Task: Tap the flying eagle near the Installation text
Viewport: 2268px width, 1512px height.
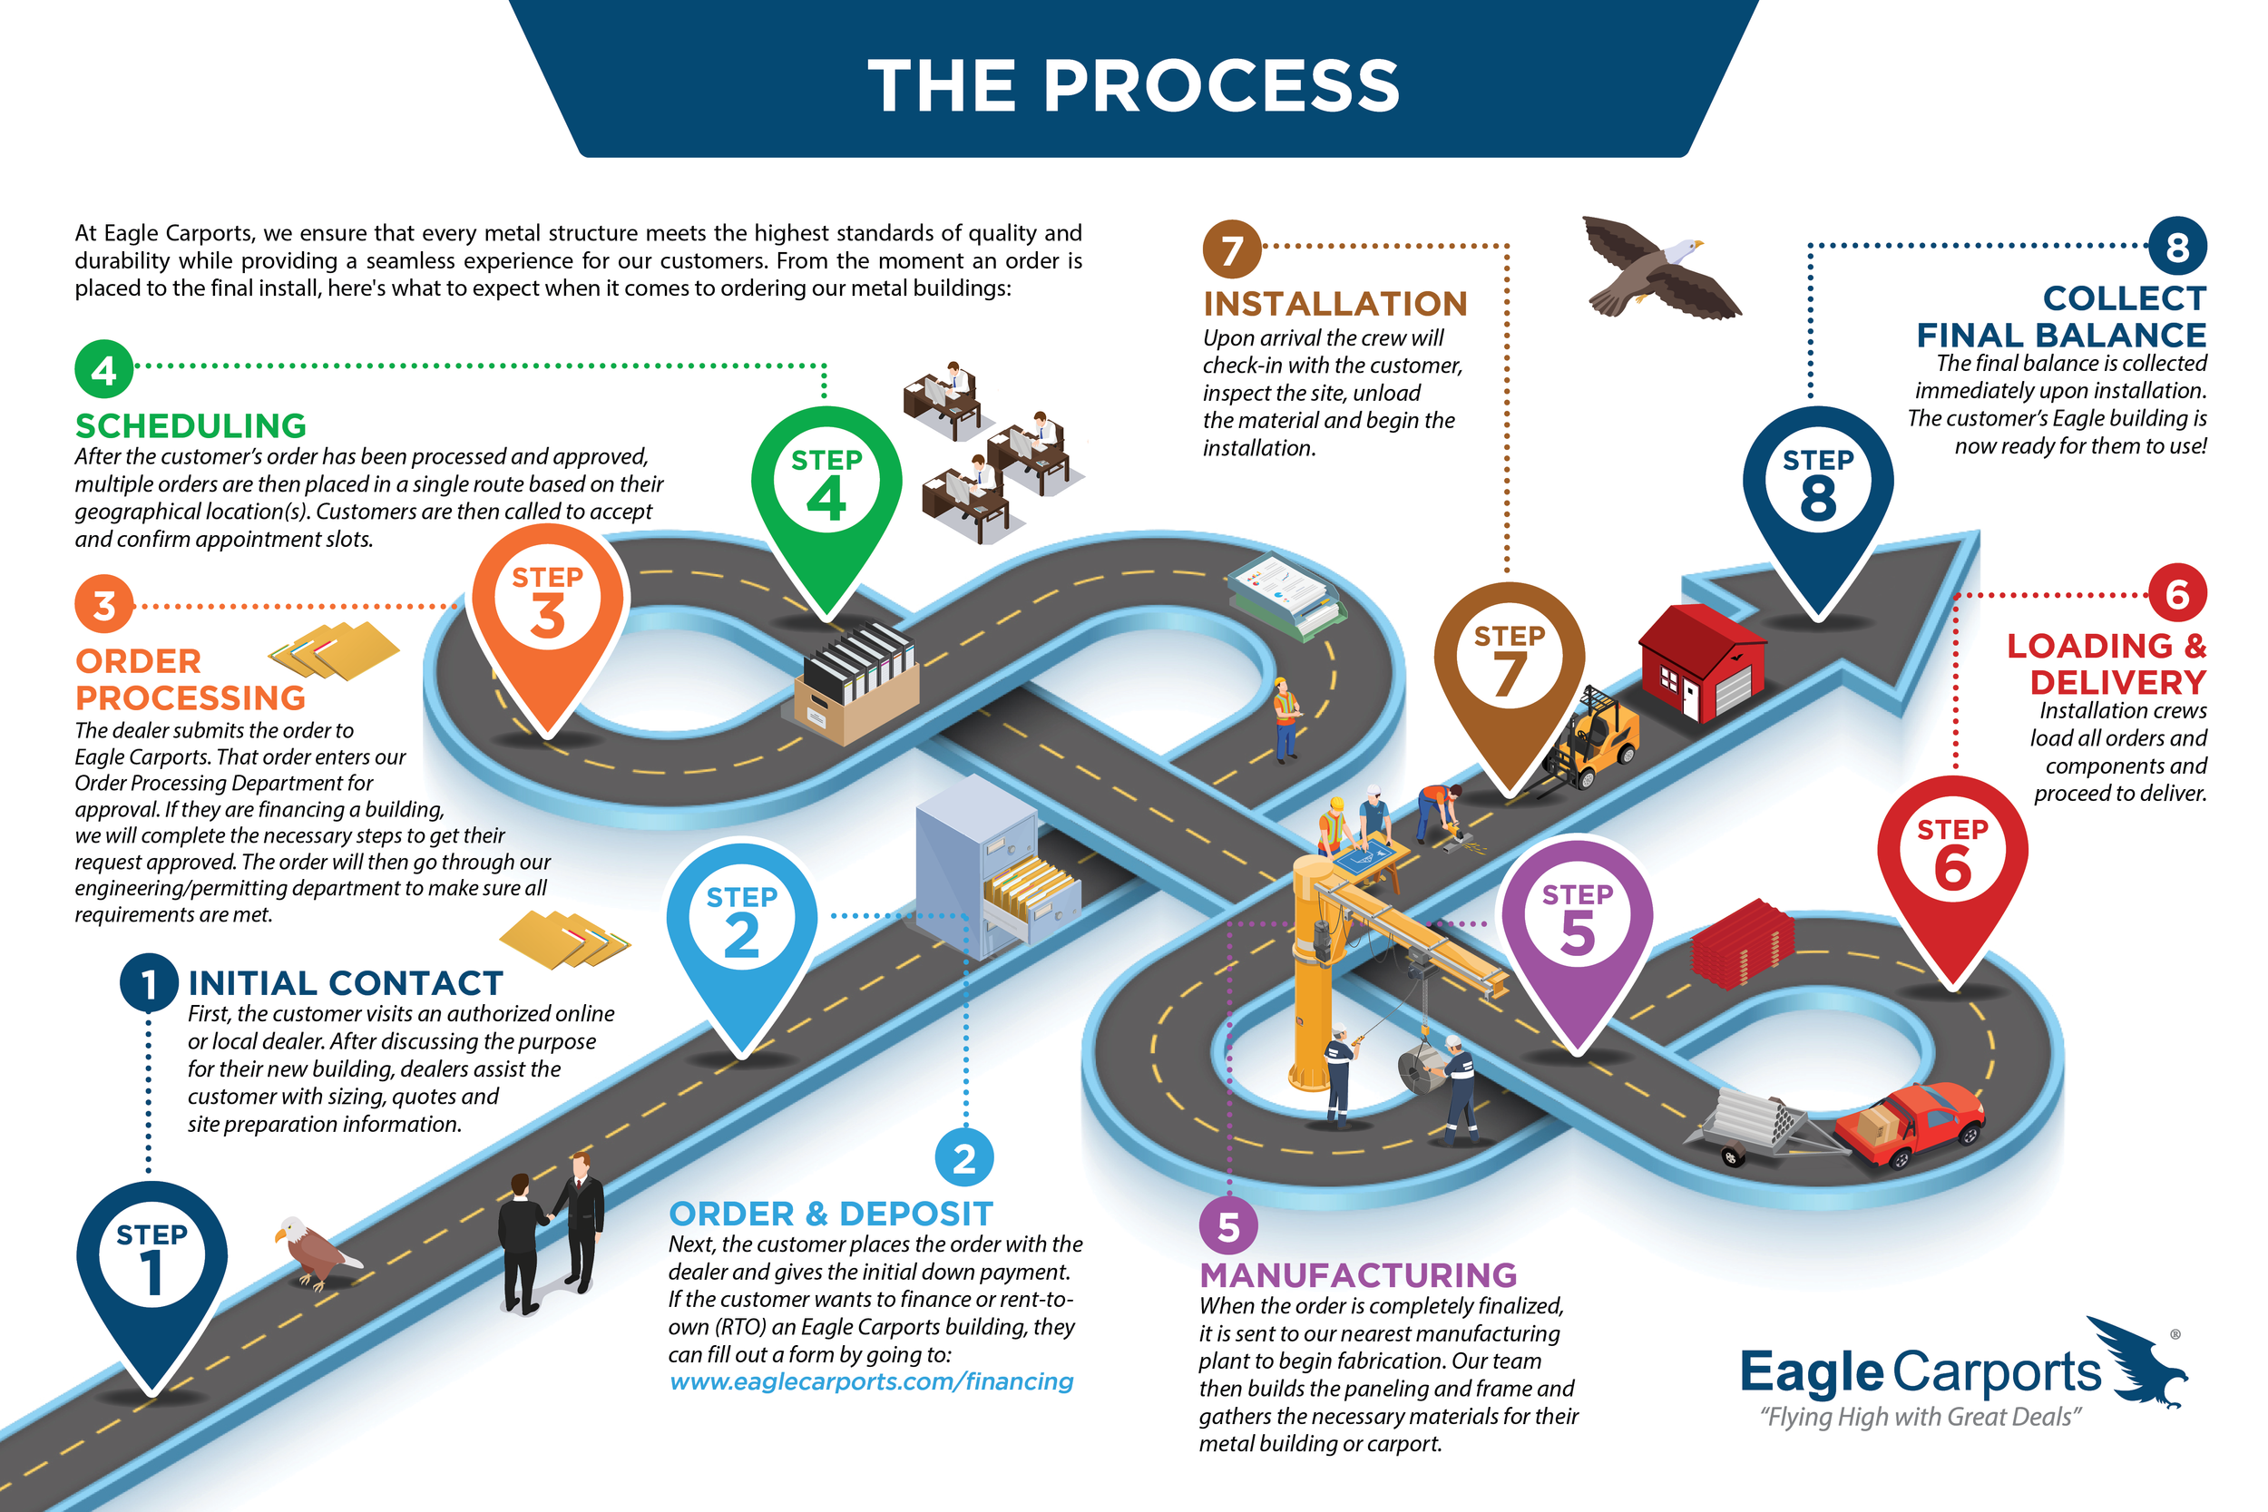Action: coord(1658,265)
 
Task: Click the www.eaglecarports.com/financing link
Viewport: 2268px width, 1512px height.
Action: coord(871,1381)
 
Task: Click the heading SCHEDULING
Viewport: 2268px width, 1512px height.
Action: coord(191,425)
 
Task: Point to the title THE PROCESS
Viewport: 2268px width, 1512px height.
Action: coord(1133,85)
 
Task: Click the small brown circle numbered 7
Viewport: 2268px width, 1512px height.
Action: coord(1231,249)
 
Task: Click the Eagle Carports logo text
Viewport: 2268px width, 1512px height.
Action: coord(1919,1371)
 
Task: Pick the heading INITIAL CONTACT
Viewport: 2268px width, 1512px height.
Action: coord(346,982)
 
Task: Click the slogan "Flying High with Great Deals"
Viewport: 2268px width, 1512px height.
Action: coord(1919,1417)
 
